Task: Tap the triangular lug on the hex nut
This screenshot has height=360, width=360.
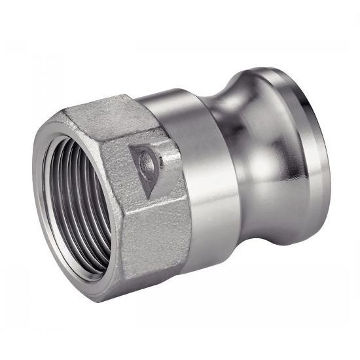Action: point(145,167)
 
